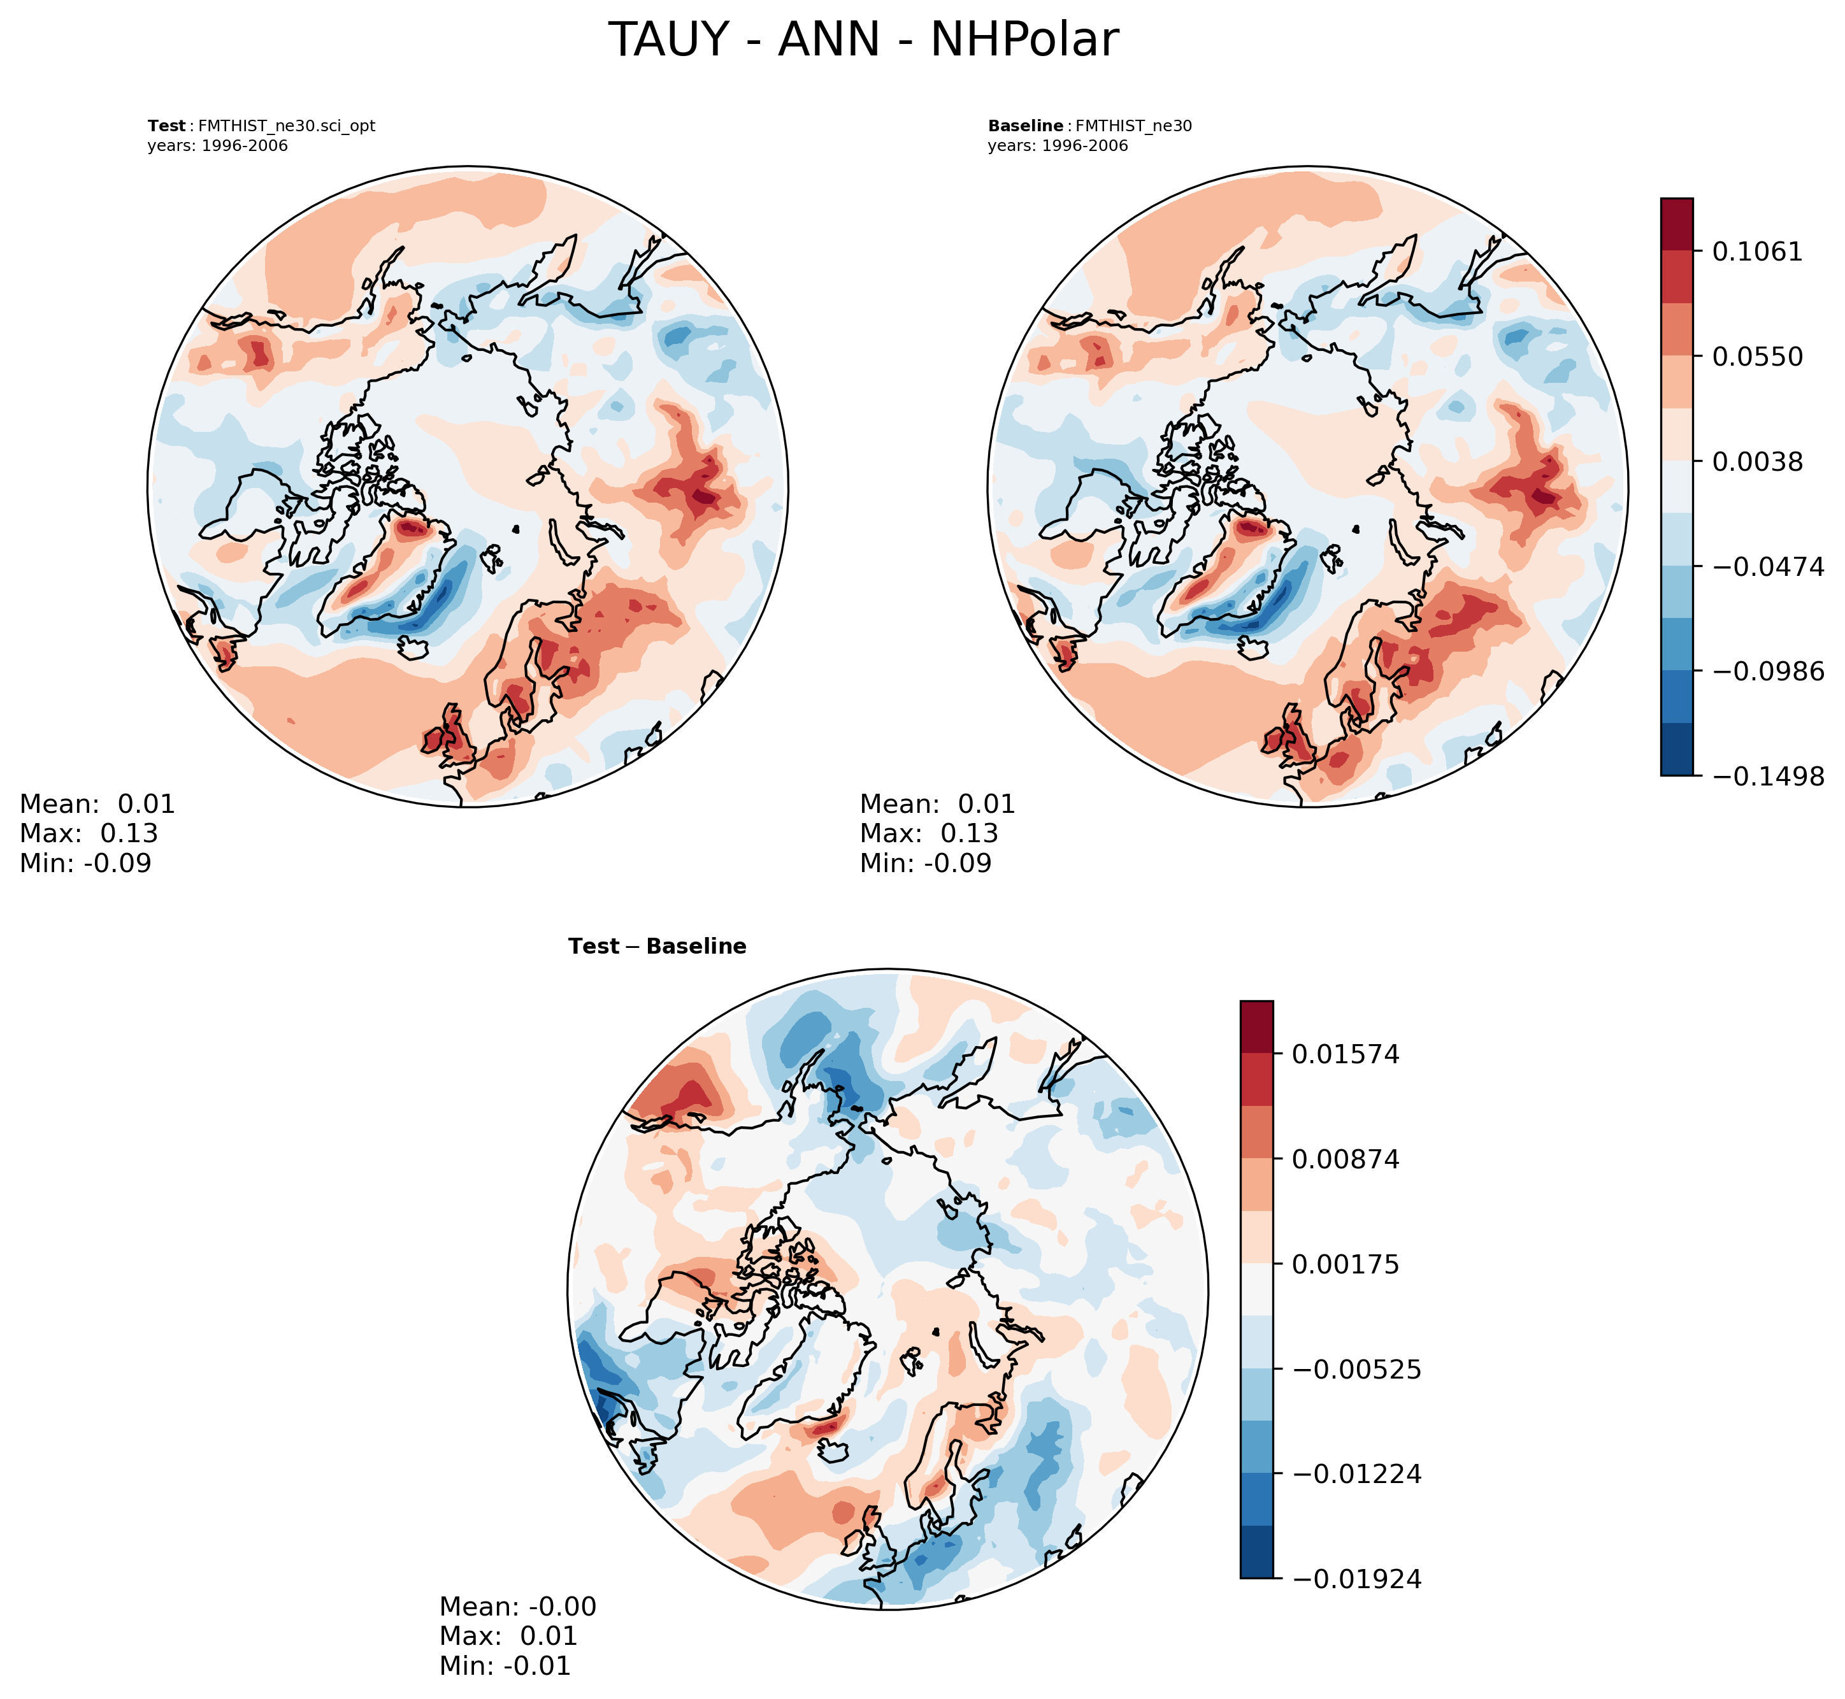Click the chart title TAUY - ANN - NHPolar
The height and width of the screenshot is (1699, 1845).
pos(863,41)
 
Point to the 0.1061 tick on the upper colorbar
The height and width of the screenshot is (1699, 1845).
pos(1756,251)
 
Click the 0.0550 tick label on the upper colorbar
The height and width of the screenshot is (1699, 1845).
pos(1756,356)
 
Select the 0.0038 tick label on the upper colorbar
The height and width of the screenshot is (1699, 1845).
pos(1756,461)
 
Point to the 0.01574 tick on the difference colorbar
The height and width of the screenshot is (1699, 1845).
pos(1345,1054)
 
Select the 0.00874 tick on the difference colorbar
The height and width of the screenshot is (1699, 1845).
pos(1345,1159)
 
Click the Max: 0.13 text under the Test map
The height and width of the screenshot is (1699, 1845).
pos(89,833)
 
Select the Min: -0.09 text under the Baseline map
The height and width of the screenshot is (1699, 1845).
pos(926,863)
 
